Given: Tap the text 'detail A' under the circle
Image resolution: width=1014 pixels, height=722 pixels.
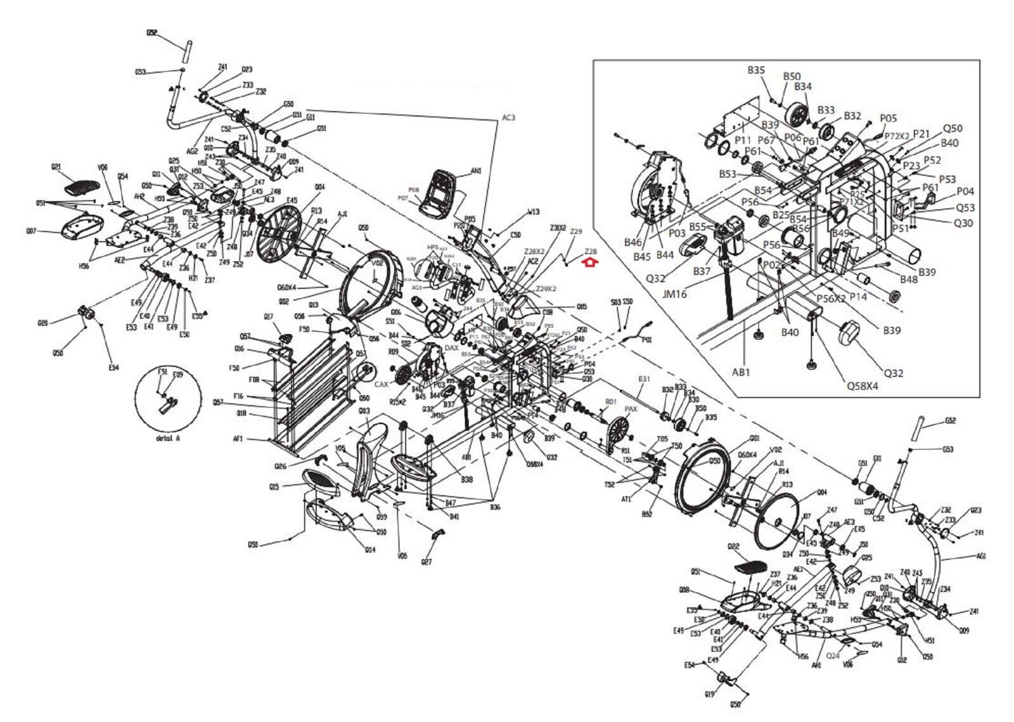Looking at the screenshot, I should pyautogui.click(x=167, y=438).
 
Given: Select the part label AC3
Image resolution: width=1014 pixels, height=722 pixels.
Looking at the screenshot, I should pyautogui.click(x=508, y=117).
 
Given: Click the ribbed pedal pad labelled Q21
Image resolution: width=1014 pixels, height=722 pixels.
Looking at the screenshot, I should pyautogui.click(x=82, y=187).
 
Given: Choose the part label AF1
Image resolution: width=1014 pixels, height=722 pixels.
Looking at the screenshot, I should pyautogui.click(x=238, y=439).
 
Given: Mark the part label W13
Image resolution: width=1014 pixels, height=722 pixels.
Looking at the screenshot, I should pyautogui.click(x=534, y=212).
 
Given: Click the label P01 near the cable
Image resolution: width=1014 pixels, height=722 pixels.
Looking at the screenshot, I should pyautogui.click(x=646, y=340).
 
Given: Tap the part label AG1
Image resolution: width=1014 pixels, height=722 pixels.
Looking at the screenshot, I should pyautogui.click(x=981, y=557).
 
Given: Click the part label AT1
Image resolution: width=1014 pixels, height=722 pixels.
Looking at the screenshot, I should pyautogui.click(x=626, y=500).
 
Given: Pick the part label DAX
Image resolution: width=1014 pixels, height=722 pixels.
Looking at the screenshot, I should pyautogui.click(x=451, y=348).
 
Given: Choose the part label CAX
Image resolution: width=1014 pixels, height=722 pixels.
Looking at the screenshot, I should pyautogui.click(x=382, y=384).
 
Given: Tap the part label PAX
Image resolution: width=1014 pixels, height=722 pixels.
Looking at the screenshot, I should pyautogui.click(x=631, y=409).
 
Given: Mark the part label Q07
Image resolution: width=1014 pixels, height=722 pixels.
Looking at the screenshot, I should pyautogui.click(x=31, y=231).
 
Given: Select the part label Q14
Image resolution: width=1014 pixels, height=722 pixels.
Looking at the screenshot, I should pyautogui.click(x=370, y=550).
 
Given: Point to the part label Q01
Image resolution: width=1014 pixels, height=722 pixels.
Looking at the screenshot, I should pyautogui.click(x=754, y=438).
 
